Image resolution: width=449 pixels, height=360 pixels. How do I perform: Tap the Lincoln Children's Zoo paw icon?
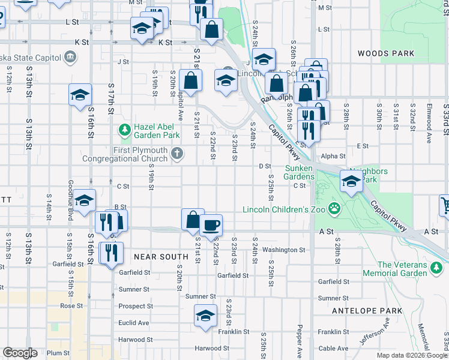pos(335,209)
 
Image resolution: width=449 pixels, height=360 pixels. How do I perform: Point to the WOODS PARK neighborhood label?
pos(386,53)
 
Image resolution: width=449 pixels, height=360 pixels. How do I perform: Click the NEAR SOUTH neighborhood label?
pos(161,256)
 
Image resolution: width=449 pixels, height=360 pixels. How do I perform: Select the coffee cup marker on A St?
pos(211,226)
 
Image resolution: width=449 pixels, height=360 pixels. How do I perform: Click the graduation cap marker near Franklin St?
pos(205,315)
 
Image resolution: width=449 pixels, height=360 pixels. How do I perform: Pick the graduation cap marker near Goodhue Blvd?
pos(84,200)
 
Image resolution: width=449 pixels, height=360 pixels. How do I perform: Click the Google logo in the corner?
pos(20,353)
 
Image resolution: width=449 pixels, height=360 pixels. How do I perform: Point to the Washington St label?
pos(283,250)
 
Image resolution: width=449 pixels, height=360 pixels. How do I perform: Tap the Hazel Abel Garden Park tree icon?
pos(124,129)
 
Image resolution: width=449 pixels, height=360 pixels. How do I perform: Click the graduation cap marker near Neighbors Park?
pos(351,180)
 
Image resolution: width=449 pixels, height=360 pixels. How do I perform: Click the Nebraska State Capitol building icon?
pos(70,57)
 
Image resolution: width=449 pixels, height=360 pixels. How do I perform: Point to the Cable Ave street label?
pos(333,348)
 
